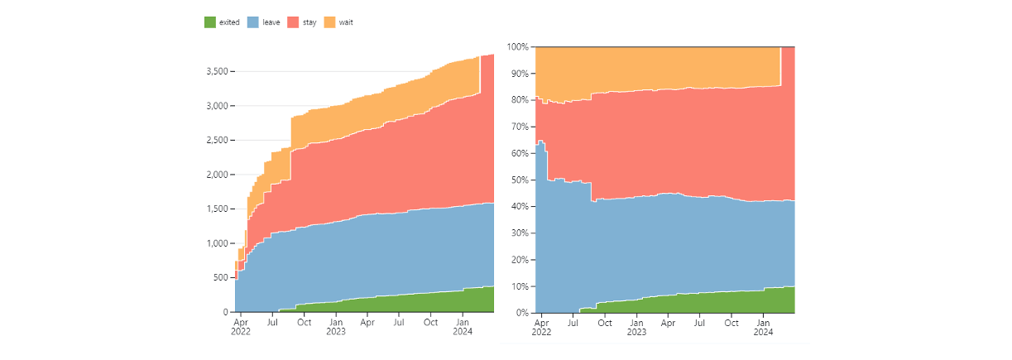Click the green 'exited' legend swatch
pyautogui.click(x=210, y=22)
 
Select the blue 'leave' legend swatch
pyautogui.click(x=253, y=22)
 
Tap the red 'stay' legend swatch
pyautogui.click(x=293, y=22)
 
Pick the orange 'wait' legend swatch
pyautogui.click(x=330, y=22)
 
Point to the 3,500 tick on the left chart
pyautogui.click(x=218, y=71)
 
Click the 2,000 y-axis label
pyautogui.click(x=218, y=175)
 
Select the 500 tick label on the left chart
pyautogui.click(x=221, y=278)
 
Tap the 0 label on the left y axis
pyautogui.click(x=225, y=312)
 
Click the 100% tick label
pyautogui.click(x=517, y=47)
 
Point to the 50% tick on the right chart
pyautogui.click(x=520, y=180)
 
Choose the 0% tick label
pyautogui.click(x=522, y=313)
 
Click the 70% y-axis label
pyautogui.click(x=520, y=127)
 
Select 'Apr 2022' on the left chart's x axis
pyautogui.click(x=241, y=327)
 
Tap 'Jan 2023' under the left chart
pyautogui.click(x=336, y=327)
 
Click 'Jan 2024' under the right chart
pyautogui.click(x=763, y=328)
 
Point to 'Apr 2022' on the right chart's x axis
pyautogui.click(x=541, y=328)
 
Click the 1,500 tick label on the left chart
pyautogui.click(x=218, y=209)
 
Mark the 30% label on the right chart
pyautogui.click(x=520, y=233)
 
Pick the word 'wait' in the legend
pyautogui.click(x=346, y=22)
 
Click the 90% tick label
pyautogui.click(x=520, y=74)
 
